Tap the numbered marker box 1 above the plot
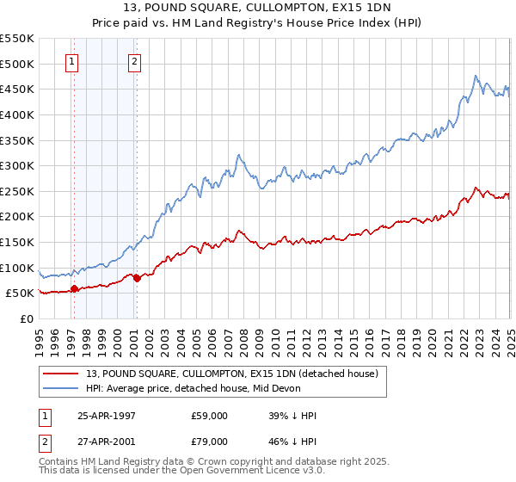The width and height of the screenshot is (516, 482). [73, 61]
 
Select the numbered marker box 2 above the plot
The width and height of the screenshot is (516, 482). [136, 61]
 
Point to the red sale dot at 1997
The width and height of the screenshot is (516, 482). [74, 289]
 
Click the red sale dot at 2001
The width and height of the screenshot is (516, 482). [137, 278]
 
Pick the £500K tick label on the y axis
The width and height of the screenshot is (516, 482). [17, 64]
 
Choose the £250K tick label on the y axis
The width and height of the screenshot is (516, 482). [17, 191]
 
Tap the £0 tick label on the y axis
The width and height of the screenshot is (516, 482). [26, 318]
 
